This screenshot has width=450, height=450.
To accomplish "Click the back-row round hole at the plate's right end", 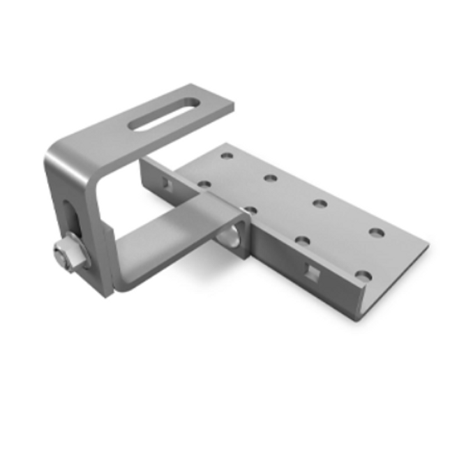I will click(x=376, y=232).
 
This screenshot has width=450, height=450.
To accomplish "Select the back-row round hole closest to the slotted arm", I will click(x=226, y=153).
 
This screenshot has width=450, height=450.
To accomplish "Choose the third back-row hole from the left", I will click(x=320, y=204).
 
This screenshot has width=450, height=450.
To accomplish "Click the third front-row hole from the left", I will click(x=303, y=241).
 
